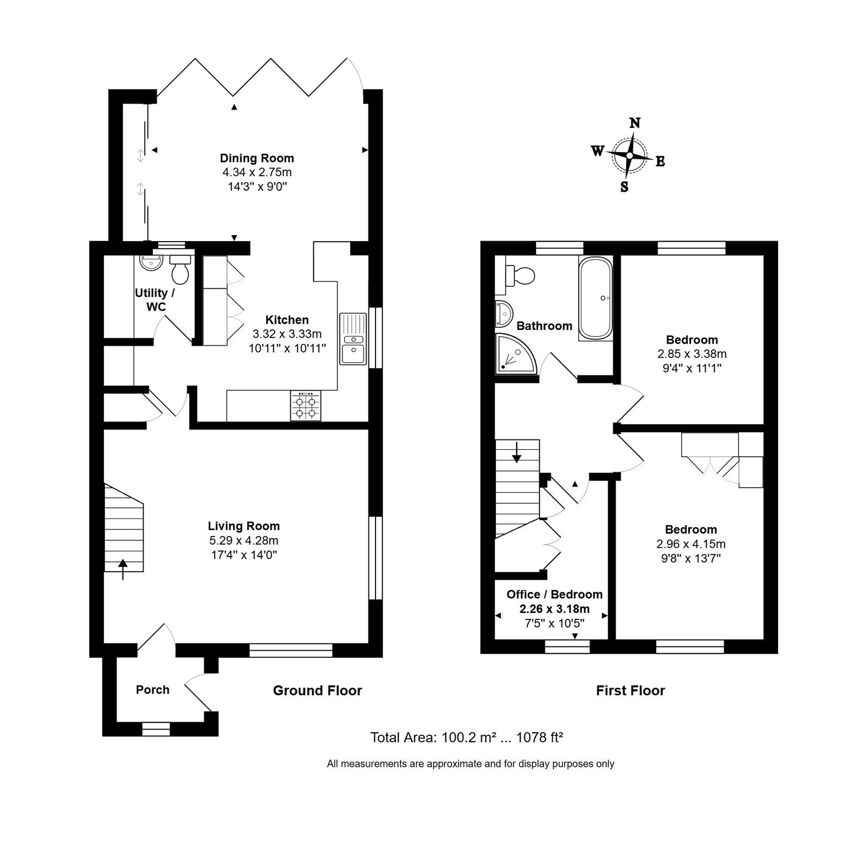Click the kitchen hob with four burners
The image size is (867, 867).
tap(306, 406)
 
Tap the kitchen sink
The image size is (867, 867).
tap(353, 339)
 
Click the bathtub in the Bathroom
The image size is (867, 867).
tap(596, 299)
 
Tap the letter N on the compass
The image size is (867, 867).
tap(635, 123)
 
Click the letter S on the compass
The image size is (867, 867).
tap(624, 187)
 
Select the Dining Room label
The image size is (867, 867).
tap(257, 158)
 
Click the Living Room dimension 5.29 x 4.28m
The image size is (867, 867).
tap(244, 540)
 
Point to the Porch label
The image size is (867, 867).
tap(153, 690)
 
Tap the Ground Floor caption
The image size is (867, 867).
tap(318, 690)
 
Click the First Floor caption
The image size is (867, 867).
tap(630, 690)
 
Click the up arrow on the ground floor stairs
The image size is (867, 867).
tap(123, 570)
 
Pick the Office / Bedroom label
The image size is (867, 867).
tap(554, 594)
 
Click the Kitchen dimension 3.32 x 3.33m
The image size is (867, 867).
tap(287, 334)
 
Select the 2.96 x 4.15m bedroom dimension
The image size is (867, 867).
tap(691, 544)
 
